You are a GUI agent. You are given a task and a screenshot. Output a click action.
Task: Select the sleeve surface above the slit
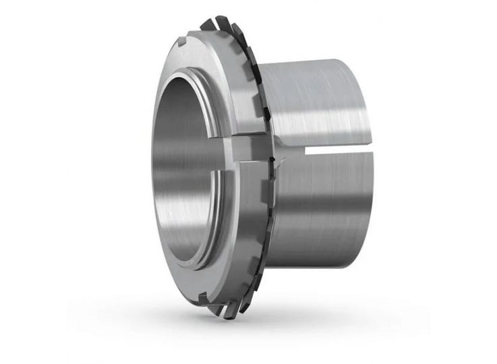click(317, 101)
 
